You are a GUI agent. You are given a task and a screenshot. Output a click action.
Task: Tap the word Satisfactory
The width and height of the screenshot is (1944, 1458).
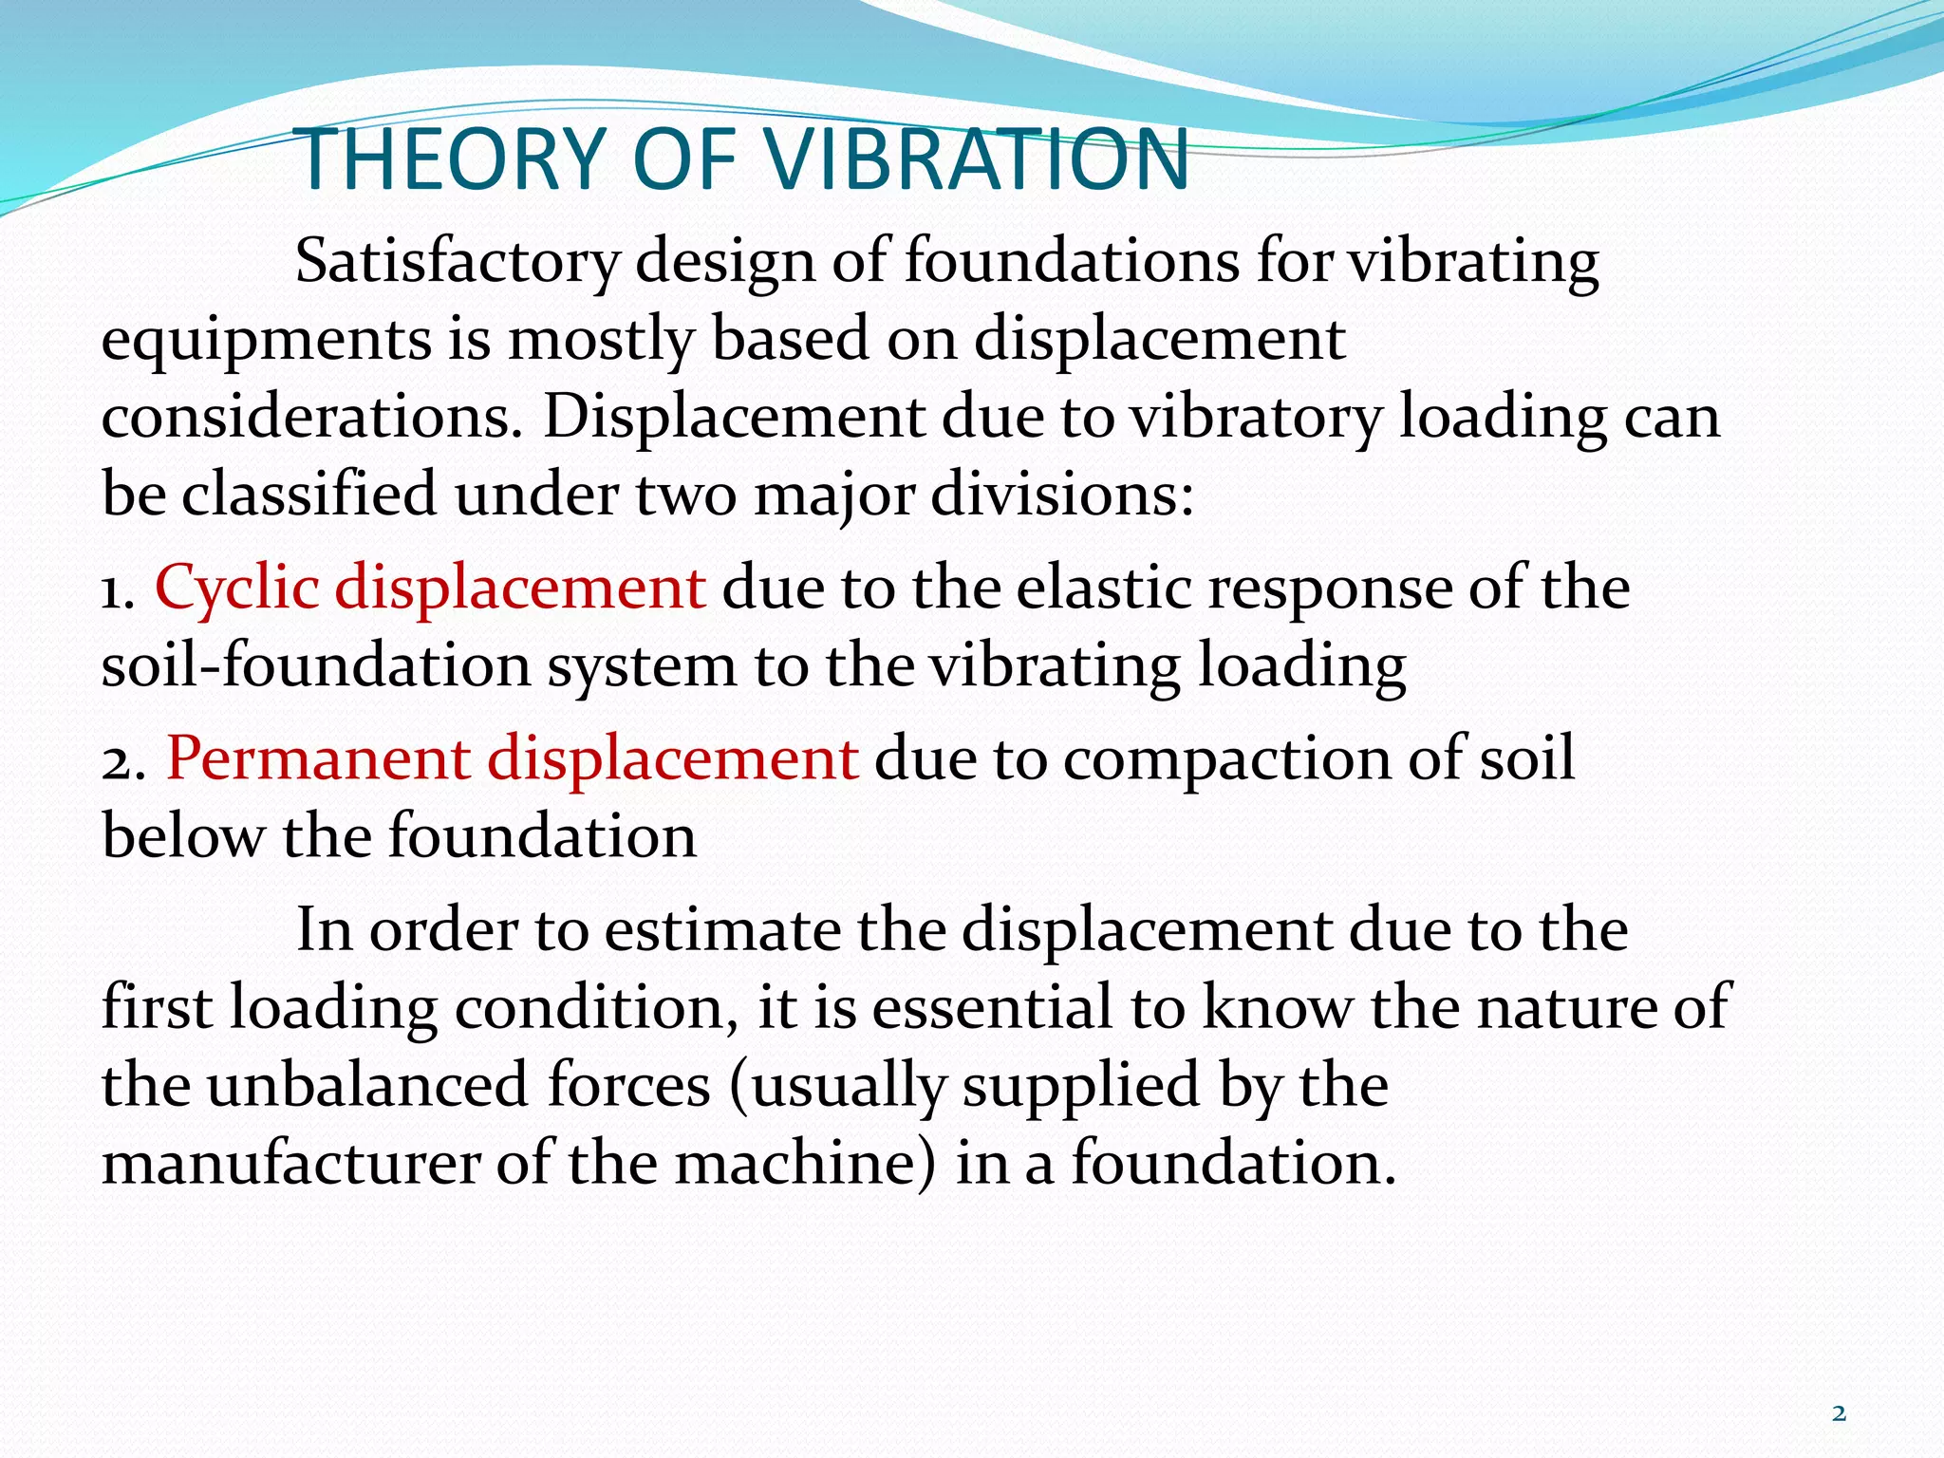tap(457, 262)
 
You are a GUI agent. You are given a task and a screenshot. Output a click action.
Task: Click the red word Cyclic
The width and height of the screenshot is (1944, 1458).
tap(236, 587)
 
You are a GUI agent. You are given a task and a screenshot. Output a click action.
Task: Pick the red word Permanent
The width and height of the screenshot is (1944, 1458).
tap(318, 758)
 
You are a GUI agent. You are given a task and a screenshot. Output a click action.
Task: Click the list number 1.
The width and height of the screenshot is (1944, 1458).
tap(115, 590)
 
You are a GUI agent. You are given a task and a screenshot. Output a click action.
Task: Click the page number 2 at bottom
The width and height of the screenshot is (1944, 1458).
tap(1839, 1414)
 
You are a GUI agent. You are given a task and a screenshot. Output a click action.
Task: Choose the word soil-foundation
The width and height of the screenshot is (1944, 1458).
tap(316, 665)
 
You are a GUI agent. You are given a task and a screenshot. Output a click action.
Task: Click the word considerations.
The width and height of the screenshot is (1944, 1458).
tap(312, 417)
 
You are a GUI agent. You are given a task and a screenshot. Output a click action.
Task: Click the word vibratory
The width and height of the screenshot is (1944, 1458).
tap(1255, 419)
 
